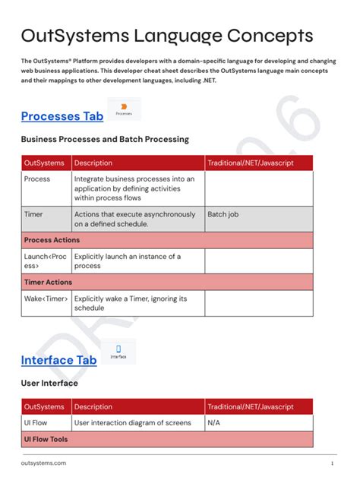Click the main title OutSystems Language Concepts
coord(166,36)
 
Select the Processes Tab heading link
coord(62,116)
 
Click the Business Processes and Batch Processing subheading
coord(105,140)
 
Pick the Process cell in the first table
coord(37,179)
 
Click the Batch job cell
coord(223,215)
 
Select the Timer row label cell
coord(33,215)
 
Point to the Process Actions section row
coord(52,240)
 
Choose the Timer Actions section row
coord(48,282)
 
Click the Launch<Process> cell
coord(45,261)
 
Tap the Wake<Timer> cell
coord(46,298)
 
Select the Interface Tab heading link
coord(58,360)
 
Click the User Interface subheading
coord(49,384)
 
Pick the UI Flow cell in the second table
coord(37,422)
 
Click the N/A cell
coord(214,422)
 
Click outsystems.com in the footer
coord(43,463)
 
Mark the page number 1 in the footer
coord(332,463)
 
